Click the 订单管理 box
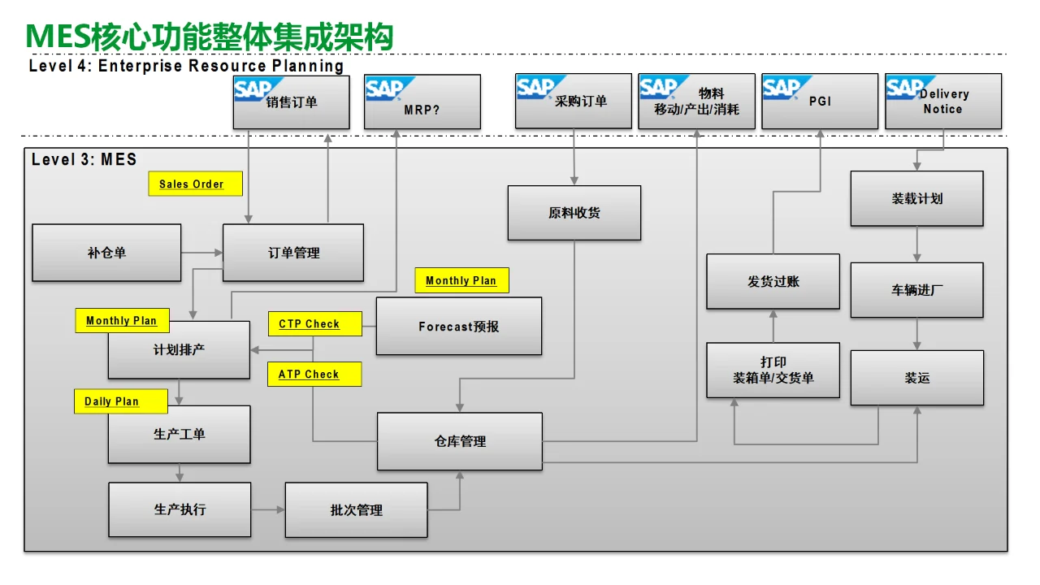tap(293, 253)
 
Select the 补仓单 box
tap(106, 253)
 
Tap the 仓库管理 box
tap(459, 441)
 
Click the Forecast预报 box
tap(458, 326)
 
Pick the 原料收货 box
tap(574, 213)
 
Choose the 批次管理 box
tap(356, 510)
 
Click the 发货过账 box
tap(773, 281)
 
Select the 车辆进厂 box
tap(916, 289)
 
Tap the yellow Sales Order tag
tap(195, 184)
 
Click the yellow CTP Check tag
tap(314, 324)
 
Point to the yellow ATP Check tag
tap(314, 375)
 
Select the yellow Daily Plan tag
tap(121, 401)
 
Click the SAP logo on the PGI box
tap(782, 88)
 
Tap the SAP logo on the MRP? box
tap(385, 89)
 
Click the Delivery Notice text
tap(943, 102)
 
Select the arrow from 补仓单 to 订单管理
tap(202, 253)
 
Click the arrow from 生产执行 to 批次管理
tap(268, 509)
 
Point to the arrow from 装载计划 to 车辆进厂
tap(916, 244)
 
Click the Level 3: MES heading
tap(84, 160)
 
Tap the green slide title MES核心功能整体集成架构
tap(210, 37)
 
